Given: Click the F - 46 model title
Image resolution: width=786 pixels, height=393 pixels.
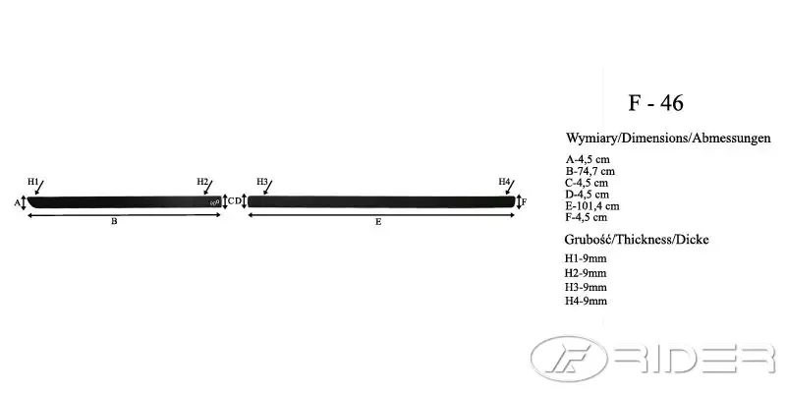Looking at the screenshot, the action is [655, 103].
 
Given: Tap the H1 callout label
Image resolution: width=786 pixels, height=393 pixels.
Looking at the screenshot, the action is [32, 182].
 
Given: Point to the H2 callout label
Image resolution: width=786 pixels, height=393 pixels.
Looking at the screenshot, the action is [202, 181].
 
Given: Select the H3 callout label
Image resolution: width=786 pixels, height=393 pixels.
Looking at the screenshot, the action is [262, 181].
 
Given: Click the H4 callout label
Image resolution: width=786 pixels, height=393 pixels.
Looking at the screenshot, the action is [504, 181].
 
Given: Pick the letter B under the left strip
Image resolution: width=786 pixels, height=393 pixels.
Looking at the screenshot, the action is [114, 221].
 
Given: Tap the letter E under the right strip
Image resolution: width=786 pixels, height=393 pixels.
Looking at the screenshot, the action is [378, 221].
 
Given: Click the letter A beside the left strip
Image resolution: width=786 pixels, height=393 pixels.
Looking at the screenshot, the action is [17, 202].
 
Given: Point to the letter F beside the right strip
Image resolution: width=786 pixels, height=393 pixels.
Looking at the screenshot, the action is [524, 202].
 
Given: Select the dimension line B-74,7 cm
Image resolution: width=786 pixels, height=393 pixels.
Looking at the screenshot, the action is [590, 171].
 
